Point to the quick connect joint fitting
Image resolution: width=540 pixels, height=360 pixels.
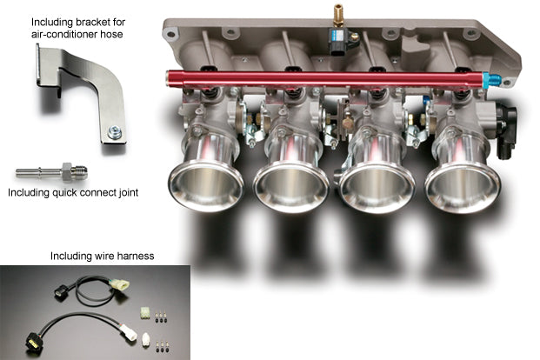coord(52,167)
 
